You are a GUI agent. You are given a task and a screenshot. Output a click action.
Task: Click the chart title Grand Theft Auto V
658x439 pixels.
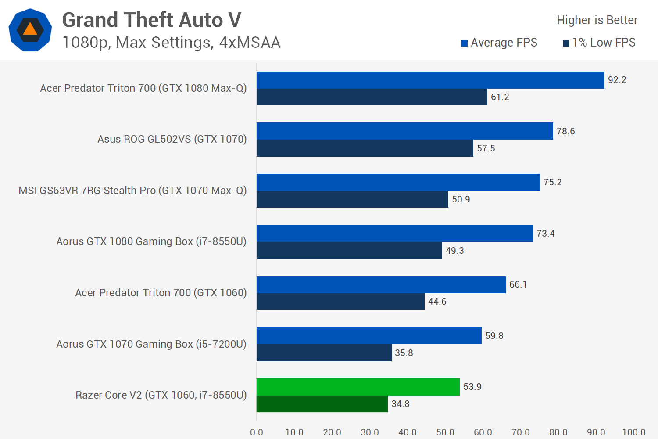click(152, 20)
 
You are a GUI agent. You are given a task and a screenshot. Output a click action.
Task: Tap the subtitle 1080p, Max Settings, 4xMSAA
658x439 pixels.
click(172, 42)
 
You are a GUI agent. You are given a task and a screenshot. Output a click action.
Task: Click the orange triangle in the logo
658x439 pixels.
click(30, 29)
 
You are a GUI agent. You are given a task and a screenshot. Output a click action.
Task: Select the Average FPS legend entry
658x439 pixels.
click(499, 43)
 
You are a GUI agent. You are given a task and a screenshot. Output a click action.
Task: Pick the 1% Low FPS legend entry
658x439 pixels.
click(599, 43)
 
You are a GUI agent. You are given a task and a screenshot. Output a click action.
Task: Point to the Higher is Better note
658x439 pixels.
click(597, 20)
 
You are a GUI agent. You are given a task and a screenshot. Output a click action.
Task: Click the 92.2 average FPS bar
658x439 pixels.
click(430, 80)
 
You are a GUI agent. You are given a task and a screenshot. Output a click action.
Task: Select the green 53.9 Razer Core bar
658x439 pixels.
click(358, 387)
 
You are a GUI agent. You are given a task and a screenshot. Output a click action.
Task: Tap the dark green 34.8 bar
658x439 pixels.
click(322, 404)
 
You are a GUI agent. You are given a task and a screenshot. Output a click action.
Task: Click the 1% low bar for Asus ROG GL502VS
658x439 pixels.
click(365, 148)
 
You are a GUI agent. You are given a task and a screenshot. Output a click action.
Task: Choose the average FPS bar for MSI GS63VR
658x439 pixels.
click(398, 182)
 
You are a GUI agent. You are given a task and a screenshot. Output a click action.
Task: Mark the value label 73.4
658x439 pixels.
click(546, 234)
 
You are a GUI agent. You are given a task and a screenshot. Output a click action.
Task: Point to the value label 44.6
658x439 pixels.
click(437, 302)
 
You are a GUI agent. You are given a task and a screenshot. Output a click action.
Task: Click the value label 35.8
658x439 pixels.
click(404, 353)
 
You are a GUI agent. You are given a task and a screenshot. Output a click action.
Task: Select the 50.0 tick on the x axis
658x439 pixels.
click(445, 432)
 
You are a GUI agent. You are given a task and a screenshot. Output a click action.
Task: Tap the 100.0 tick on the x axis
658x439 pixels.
click(634, 432)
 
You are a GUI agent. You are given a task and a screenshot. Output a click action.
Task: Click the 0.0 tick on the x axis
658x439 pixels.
click(257, 432)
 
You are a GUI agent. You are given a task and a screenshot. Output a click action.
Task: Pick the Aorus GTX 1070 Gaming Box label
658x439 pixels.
click(151, 344)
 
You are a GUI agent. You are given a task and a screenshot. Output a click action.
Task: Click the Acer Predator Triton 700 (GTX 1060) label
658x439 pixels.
click(161, 293)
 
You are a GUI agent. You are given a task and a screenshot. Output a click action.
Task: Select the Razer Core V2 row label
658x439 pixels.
click(161, 395)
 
